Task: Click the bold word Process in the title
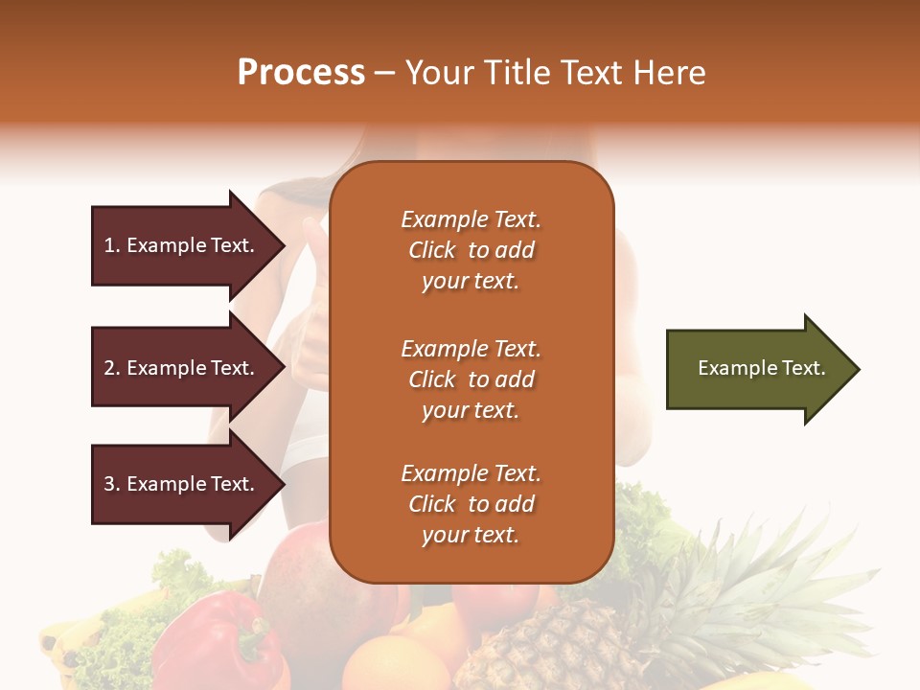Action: [x=301, y=73]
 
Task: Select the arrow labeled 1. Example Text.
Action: [x=182, y=245]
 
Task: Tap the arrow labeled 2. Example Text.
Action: [x=182, y=368]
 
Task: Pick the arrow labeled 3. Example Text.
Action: [x=182, y=484]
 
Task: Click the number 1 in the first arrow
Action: [x=109, y=245]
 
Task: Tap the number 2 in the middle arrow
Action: [x=109, y=368]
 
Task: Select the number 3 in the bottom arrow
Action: [x=109, y=484]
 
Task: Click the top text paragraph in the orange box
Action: [x=471, y=250]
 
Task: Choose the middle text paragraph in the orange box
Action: [x=471, y=379]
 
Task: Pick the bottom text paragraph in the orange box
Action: [x=471, y=504]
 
